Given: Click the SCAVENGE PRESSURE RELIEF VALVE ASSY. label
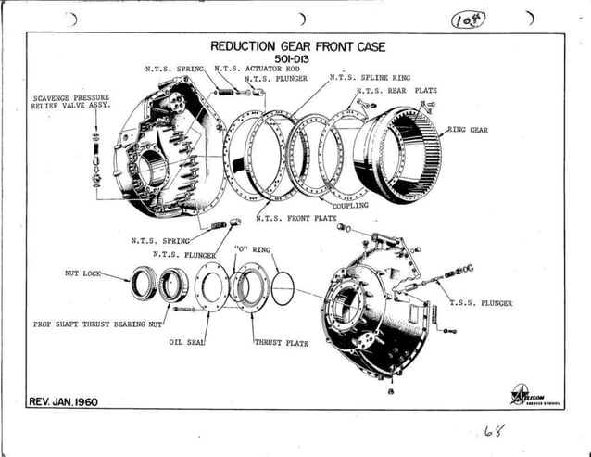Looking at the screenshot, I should click(x=71, y=101).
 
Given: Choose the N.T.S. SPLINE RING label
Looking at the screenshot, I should click(x=371, y=79).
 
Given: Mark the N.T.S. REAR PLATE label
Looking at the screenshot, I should click(x=397, y=91).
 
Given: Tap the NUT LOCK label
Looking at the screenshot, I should click(x=82, y=274).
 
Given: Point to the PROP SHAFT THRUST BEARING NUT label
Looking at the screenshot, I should click(x=98, y=324).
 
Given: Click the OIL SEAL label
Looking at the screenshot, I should click(x=185, y=342).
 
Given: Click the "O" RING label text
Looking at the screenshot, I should click(x=252, y=250).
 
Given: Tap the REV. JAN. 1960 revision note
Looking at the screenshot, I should click(x=63, y=401).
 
